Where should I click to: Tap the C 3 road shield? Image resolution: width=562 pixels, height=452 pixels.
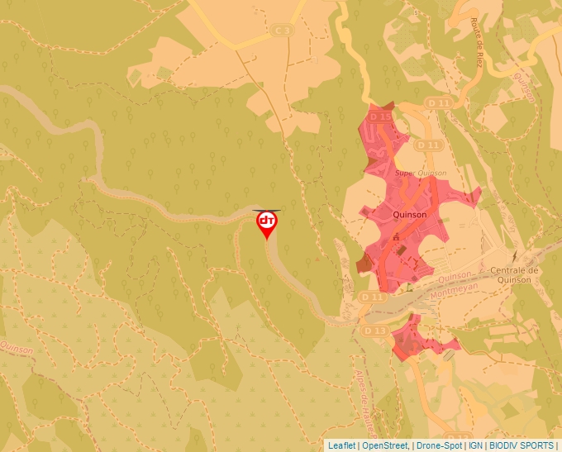[x=282, y=31]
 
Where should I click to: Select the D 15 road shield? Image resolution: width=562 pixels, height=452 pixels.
[x=380, y=117]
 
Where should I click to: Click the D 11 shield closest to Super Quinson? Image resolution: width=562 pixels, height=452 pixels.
[x=426, y=145]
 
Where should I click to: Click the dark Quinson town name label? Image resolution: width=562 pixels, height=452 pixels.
[x=411, y=214]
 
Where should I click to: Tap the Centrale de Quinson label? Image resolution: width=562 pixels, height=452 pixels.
[x=515, y=275]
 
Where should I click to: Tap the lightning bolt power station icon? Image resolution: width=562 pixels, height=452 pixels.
[x=514, y=257]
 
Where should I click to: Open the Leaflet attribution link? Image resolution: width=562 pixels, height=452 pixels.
[x=341, y=445]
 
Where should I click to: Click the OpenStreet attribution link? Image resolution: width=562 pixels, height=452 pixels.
[x=386, y=445]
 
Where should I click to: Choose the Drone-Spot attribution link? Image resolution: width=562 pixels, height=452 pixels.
[x=439, y=445]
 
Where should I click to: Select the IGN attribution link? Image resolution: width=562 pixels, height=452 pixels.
[x=476, y=445]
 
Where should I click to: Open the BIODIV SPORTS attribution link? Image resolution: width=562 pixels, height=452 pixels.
[x=522, y=445]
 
